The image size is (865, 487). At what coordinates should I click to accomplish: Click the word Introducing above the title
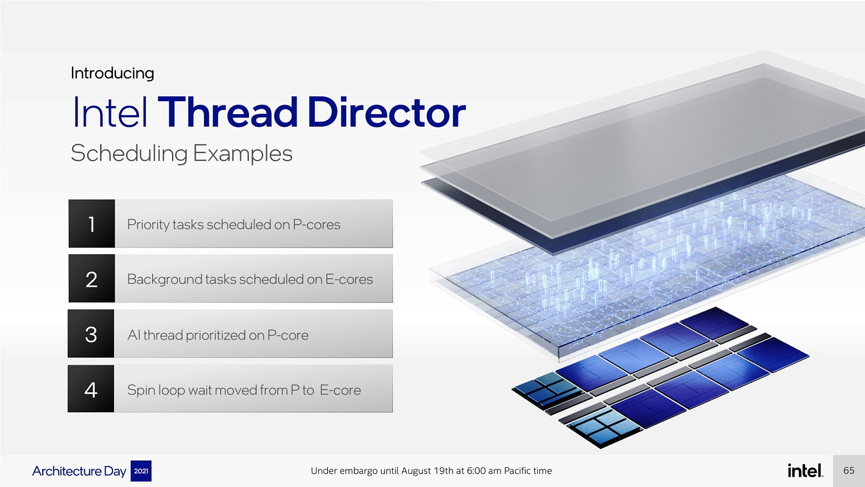(x=113, y=74)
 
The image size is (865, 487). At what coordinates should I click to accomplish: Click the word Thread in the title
(x=227, y=113)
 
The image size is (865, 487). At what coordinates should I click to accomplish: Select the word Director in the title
(x=387, y=113)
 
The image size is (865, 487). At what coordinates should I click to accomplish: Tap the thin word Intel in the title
(x=110, y=113)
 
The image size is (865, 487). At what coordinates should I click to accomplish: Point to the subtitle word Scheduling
(x=129, y=154)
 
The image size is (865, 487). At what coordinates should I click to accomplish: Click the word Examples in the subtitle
(x=242, y=154)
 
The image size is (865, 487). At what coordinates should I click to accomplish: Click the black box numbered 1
(x=91, y=223)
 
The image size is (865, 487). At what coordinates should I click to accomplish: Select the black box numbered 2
(x=91, y=279)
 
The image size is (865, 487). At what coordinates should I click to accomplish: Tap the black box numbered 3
(x=91, y=334)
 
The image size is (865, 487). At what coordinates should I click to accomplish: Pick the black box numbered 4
(x=91, y=389)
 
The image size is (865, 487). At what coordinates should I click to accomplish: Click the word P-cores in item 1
(x=316, y=225)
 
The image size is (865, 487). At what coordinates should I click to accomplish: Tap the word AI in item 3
(x=134, y=335)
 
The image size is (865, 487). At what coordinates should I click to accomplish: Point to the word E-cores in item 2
(x=349, y=279)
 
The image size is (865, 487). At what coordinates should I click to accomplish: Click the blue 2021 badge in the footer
(x=141, y=471)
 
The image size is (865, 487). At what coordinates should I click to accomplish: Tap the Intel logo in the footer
(x=805, y=470)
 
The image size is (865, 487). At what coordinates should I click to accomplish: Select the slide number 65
(x=849, y=470)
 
